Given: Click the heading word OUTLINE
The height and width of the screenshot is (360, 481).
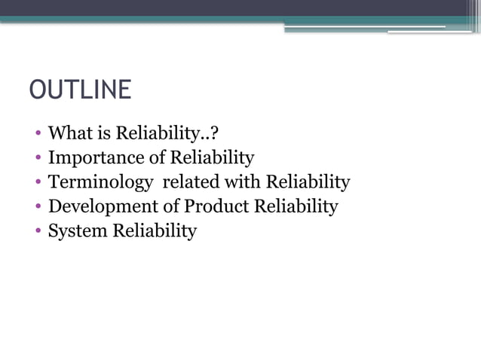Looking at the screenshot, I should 80,90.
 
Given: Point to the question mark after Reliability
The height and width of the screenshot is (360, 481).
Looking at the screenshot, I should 215,134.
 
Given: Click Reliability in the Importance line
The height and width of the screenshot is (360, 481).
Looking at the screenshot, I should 212,158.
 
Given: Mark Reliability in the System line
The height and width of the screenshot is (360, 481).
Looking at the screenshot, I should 155,230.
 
